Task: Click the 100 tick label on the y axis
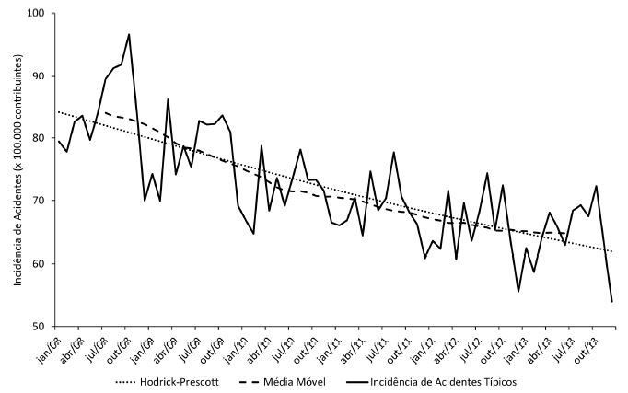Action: pyautogui.click(x=38, y=14)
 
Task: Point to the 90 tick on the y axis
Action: pyautogui.click(x=41, y=76)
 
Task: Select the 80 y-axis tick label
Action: pyautogui.click(x=41, y=139)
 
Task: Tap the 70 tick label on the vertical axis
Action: pyautogui.click(x=41, y=201)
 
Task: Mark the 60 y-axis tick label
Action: pyautogui.click(x=41, y=263)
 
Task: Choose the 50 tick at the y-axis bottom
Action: pyautogui.click(x=41, y=326)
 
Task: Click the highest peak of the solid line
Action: pyautogui.click(x=129, y=34)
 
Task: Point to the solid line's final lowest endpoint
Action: pyautogui.click(x=612, y=301)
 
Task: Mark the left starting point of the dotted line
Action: pyautogui.click(x=58, y=112)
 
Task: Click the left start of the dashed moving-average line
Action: pyautogui.click(x=105, y=112)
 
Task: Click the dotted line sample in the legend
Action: pyautogui.click(x=131, y=381)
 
